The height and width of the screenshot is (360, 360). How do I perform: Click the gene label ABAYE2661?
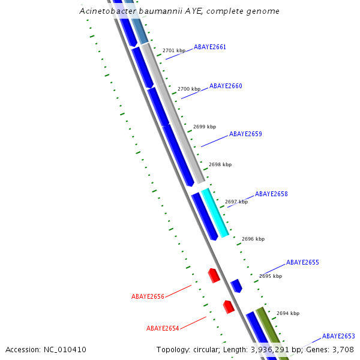tap(210, 47)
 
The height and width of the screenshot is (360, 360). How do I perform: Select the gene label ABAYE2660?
tap(226, 86)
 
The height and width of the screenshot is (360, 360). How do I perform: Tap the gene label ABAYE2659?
tap(245, 134)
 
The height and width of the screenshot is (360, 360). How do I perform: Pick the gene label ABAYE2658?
tap(271, 194)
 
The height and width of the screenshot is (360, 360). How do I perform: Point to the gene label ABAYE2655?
tap(302, 263)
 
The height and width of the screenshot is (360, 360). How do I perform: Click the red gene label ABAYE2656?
tap(148, 296)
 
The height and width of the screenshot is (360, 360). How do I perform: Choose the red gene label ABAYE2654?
tap(163, 328)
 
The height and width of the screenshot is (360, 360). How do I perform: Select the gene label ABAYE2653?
tap(338, 337)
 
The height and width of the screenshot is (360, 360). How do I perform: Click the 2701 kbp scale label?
tap(174, 51)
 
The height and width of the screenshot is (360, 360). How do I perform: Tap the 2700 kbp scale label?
tap(189, 89)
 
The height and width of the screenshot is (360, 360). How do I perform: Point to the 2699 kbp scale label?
tap(205, 127)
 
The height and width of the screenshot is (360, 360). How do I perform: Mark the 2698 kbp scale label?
tap(220, 164)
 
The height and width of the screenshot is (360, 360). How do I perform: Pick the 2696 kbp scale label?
tap(253, 239)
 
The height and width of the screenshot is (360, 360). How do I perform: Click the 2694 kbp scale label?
tap(288, 313)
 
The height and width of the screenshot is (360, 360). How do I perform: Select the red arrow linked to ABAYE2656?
tap(214, 275)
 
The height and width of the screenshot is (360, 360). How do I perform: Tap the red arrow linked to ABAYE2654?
tap(229, 307)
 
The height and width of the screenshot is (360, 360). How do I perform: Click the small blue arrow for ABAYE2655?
tap(236, 286)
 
